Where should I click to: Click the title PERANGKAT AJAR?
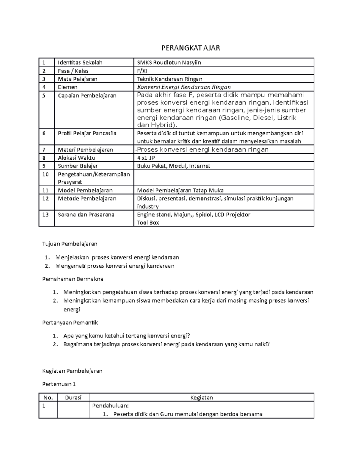point(191,48)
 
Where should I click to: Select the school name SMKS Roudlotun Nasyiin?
point(169,62)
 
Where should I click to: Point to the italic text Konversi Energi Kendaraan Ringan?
point(184,87)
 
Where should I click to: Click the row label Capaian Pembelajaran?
point(87,95)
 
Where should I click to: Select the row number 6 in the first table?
point(44,133)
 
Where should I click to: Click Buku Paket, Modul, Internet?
point(173,166)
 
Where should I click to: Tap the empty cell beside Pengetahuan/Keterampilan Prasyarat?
point(223,178)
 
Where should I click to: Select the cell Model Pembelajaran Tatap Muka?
point(180,190)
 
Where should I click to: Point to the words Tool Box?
point(148,223)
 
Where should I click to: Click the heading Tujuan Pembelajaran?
point(70,244)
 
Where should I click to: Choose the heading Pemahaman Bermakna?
point(73,279)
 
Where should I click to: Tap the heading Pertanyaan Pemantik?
point(70,323)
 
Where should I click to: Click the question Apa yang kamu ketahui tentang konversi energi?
point(127,336)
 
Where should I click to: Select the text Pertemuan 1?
point(59,384)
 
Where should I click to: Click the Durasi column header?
point(73,398)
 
